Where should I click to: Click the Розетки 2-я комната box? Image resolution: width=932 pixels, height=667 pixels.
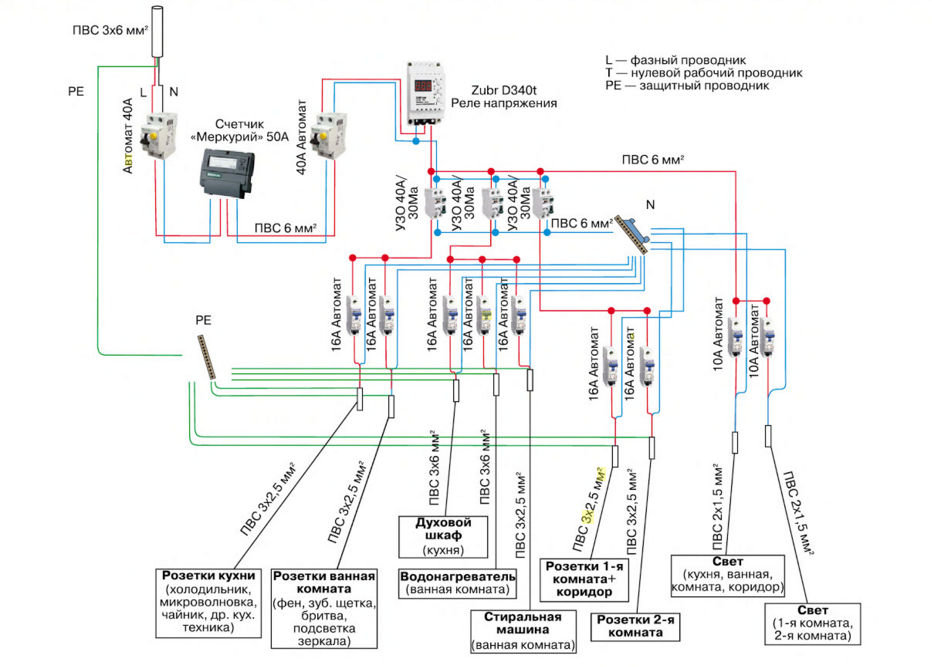[636, 626]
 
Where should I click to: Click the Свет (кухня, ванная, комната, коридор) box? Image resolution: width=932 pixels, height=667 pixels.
[729, 575]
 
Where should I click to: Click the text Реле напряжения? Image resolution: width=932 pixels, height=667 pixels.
[503, 103]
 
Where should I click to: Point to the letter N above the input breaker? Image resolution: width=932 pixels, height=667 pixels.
[174, 91]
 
